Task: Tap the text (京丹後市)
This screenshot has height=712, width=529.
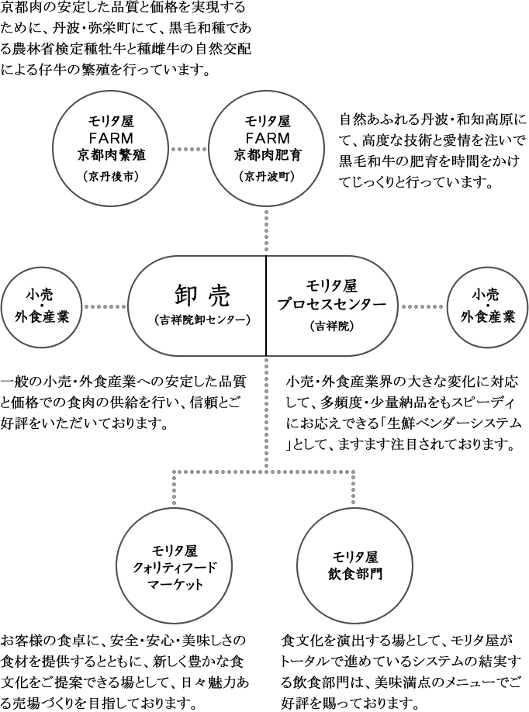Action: click(112, 176)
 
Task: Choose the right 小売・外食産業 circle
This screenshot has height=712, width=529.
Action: click(487, 306)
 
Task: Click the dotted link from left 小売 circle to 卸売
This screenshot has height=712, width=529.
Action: click(104, 306)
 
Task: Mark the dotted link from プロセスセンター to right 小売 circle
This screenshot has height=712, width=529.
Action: click(424, 306)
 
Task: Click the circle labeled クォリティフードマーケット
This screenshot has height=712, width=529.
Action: click(175, 567)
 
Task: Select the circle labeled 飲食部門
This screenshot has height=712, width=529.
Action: click(354, 567)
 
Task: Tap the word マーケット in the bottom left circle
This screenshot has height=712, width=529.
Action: click(175, 584)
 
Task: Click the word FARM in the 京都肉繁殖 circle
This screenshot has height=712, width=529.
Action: click(112, 138)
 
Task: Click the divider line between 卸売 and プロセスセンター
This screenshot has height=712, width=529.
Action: click(266, 306)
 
